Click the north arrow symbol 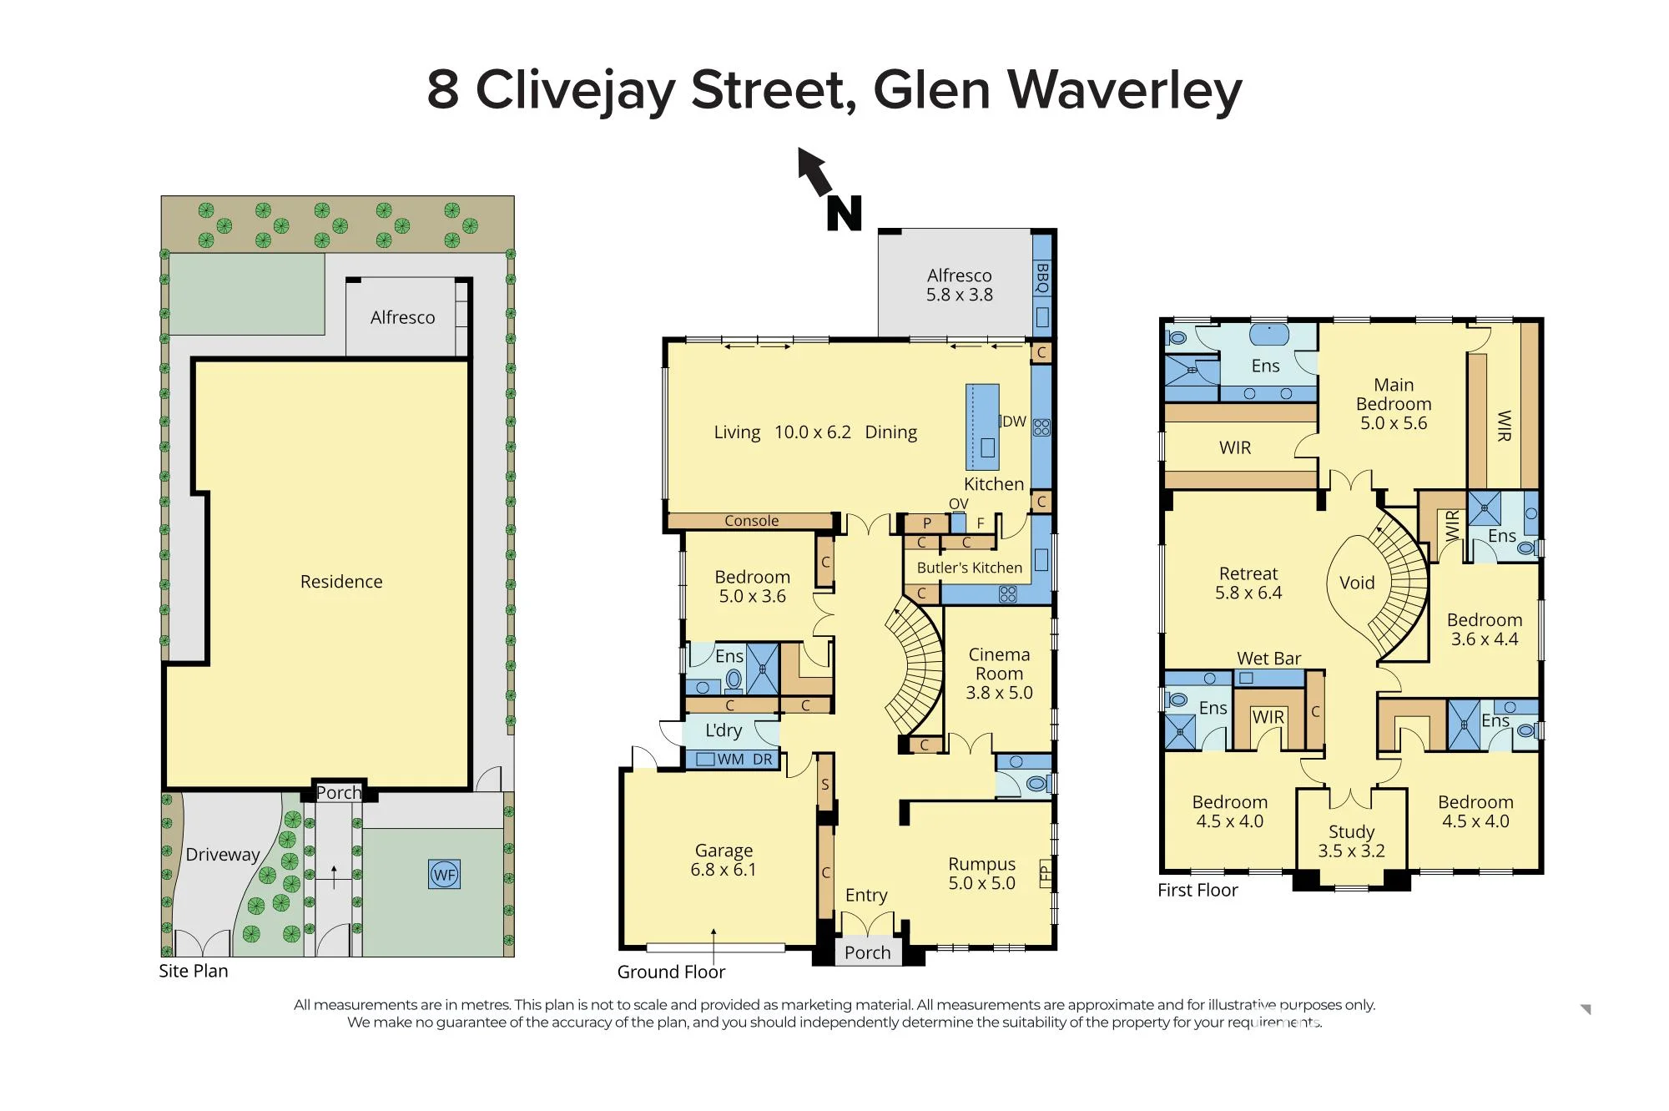[x=813, y=169]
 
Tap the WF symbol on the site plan [x=444, y=875]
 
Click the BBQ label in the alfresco [x=1042, y=277]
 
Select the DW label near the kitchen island [x=1014, y=422]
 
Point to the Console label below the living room [x=751, y=521]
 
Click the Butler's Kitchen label [x=969, y=568]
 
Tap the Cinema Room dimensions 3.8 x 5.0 [x=999, y=693]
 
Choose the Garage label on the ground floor [x=724, y=851]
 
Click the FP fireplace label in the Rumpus [x=1046, y=874]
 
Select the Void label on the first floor [x=1357, y=583]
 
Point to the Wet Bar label [x=1268, y=659]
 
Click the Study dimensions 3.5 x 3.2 [x=1351, y=851]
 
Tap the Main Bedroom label [x=1394, y=394]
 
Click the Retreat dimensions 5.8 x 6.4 [x=1248, y=593]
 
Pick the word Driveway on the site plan [x=223, y=855]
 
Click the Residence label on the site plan [x=341, y=582]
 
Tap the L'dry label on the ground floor [x=724, y=730]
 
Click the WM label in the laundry [x=730, y=760]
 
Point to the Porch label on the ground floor [x=867, y=952]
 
